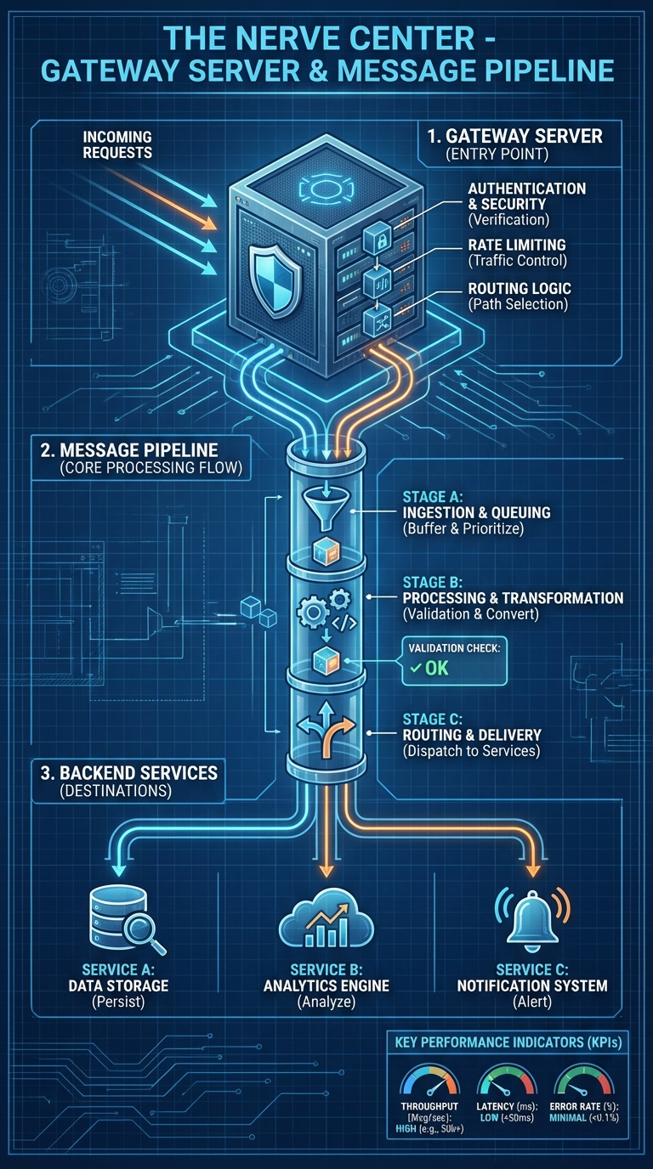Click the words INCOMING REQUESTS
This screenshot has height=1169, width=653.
(x=117, y=144)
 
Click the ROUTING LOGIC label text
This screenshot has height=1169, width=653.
(x=520, y=289)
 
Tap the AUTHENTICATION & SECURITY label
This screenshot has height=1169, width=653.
(x=527, y=196)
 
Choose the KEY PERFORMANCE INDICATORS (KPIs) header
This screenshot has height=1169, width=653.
(x=507, y=1042)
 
